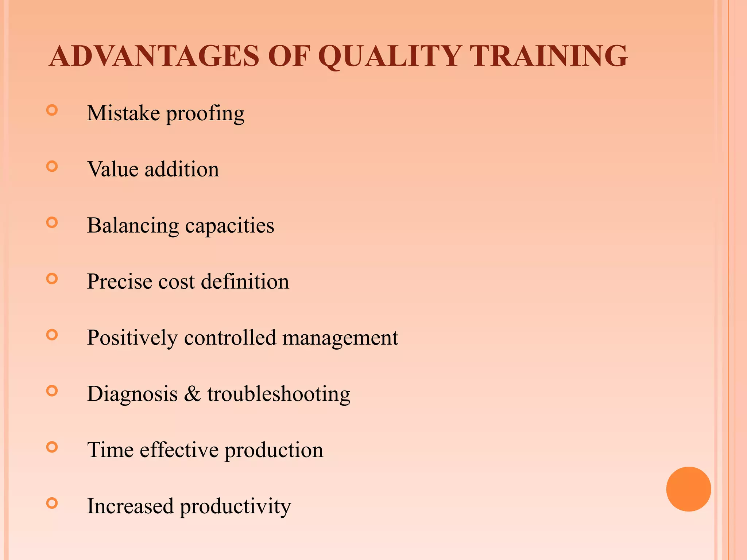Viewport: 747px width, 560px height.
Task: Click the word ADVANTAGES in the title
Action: pos(154,56)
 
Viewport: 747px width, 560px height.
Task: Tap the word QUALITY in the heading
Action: pos(390,56)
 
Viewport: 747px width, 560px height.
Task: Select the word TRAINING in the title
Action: pos(549,56)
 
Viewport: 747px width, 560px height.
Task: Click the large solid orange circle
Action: pos(688,489)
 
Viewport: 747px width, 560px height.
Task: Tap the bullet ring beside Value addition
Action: pos(52,167)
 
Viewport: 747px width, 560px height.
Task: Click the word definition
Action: pos(245,282)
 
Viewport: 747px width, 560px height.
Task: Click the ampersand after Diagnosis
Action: pos(192,394)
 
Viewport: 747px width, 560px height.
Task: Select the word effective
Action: pos(179,450)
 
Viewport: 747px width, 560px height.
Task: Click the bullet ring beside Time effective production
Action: pos(52,447)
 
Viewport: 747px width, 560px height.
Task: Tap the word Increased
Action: pos(130,506)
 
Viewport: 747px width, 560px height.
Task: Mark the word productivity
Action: pos(235,507)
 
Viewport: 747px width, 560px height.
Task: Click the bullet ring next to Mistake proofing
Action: pos(52,110)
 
